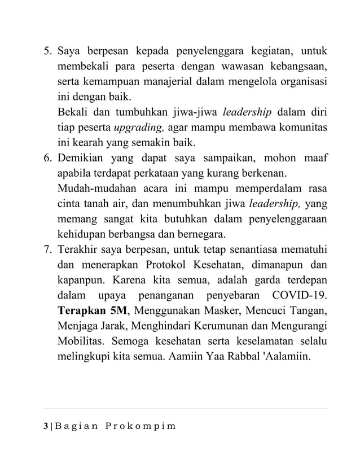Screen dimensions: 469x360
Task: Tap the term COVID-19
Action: [x=301, y=295]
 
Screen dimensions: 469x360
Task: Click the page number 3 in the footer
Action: [x=45, y=424]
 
